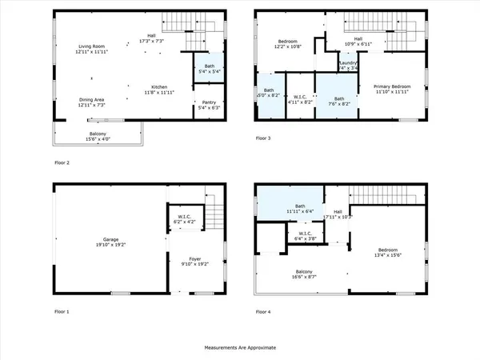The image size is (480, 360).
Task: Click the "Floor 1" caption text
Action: click(62, 310)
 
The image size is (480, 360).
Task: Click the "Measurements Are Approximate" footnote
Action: click(240, 348)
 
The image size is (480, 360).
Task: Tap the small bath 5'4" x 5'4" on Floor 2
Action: click(207, 69)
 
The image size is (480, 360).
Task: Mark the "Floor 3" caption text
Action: click(263, 138)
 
